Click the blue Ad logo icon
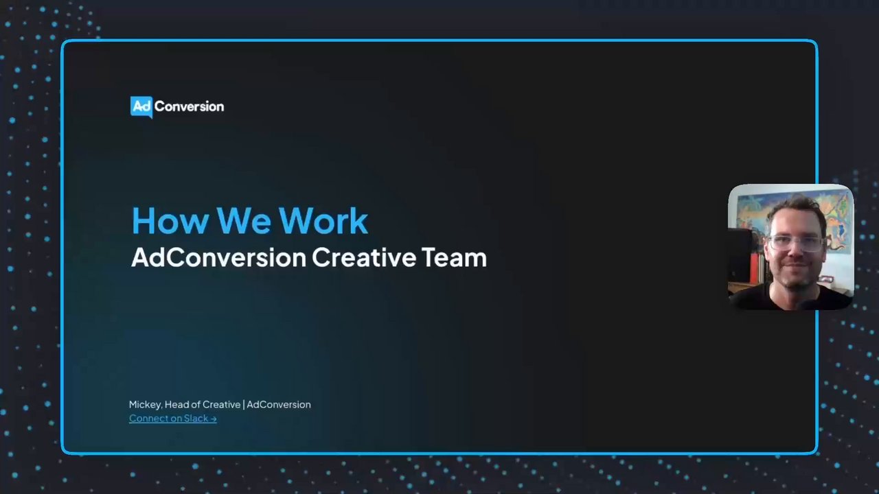click(141, 107)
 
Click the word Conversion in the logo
click(189, 106)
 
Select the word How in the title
click(170, 221)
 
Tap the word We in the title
click(243, 221)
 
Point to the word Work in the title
click(323, 221)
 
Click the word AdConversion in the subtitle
click(218, 257)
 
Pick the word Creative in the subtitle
click(364, 257)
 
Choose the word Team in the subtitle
click(454, 257)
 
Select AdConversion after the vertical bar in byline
click(279, 404)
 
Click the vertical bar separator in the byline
click(244, 404)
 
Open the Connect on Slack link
click(172, 419)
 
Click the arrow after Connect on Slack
click(213, 419)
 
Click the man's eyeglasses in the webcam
click(796, 243)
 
